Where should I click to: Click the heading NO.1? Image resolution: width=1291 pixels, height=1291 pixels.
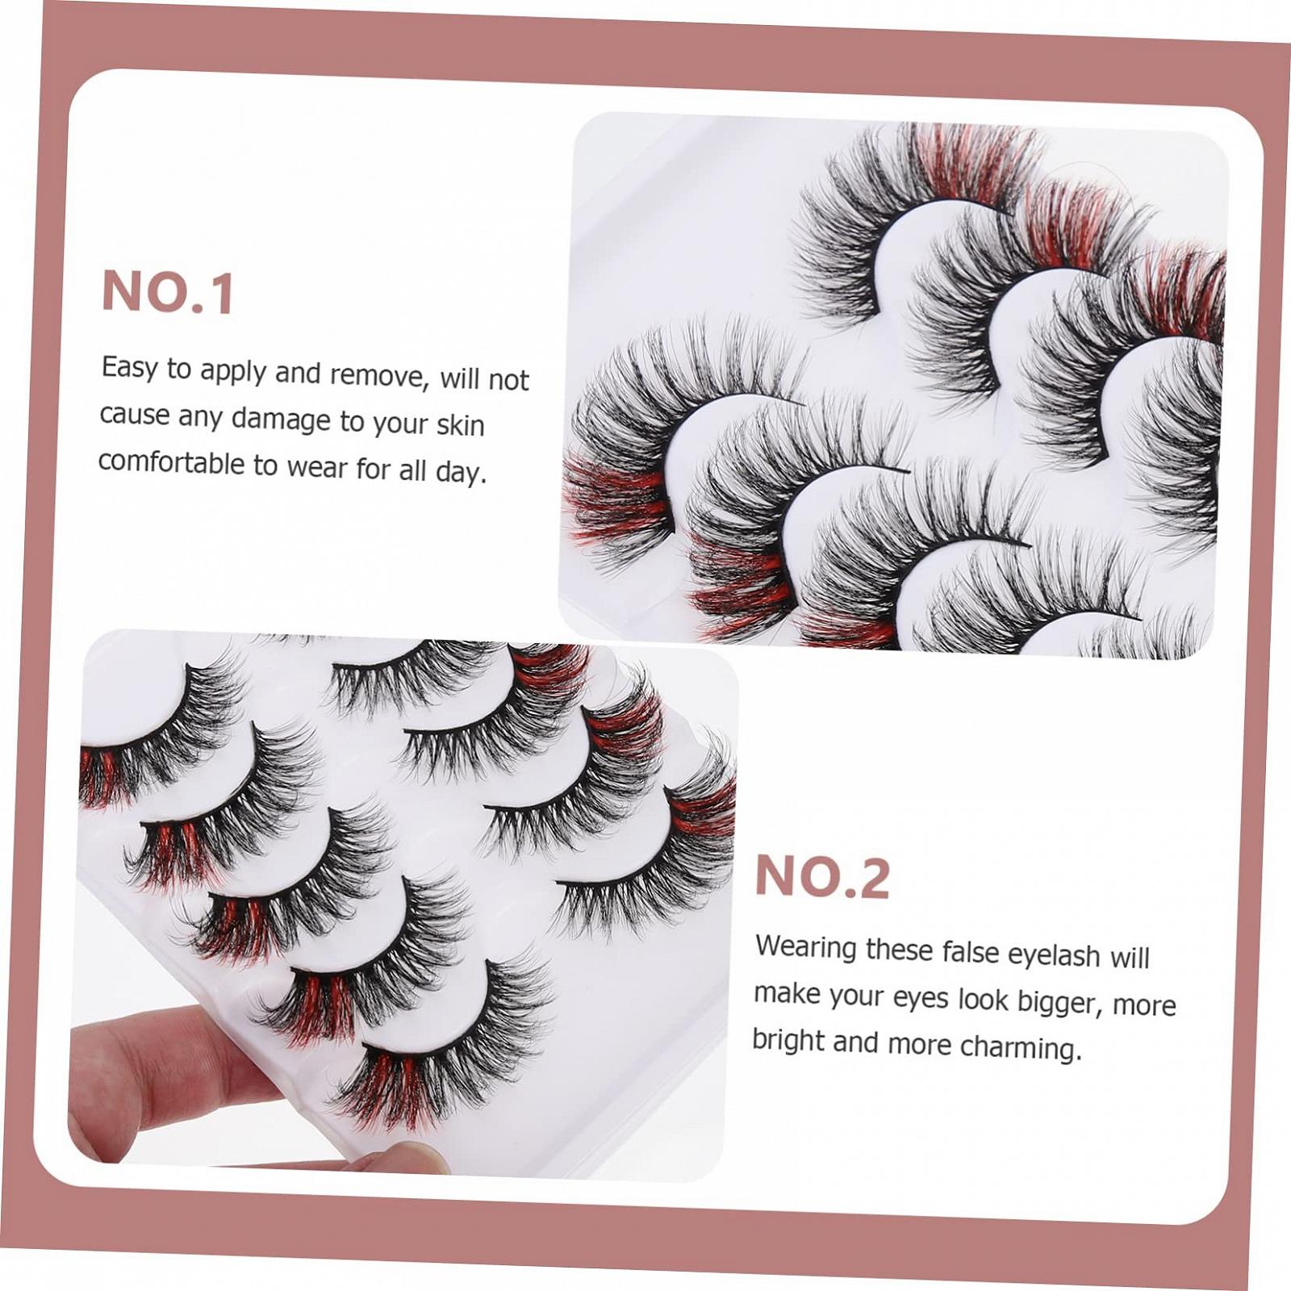click(x=168, y=291)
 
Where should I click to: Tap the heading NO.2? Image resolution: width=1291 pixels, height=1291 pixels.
click(x=822, y=876)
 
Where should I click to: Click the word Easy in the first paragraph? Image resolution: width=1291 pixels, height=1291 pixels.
click(x=129, y=368)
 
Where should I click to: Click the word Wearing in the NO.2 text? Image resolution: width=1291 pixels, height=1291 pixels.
click(x=805, y=946)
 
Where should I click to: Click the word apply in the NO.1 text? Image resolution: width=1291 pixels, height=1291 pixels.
click(x=233, y=371)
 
